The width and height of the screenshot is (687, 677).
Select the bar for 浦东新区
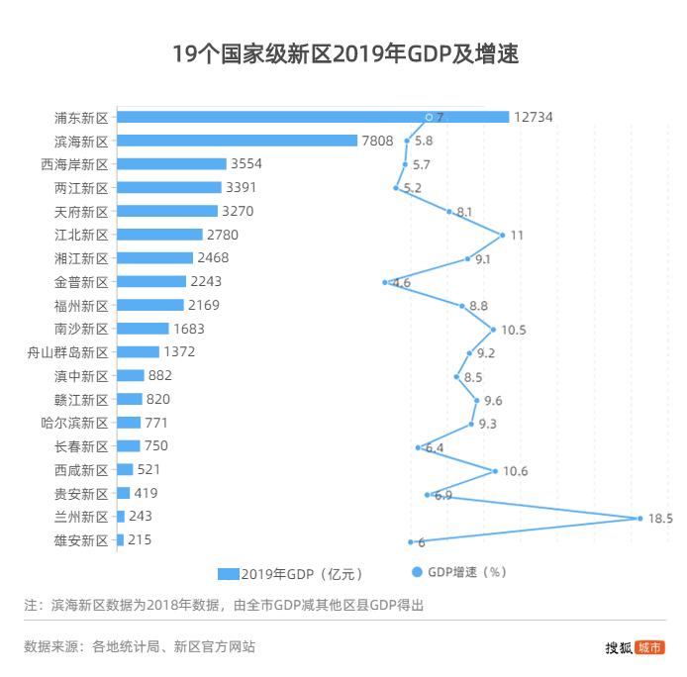312,117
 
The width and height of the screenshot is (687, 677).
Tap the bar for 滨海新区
237,141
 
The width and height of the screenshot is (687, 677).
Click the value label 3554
245,164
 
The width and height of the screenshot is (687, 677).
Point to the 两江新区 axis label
81,188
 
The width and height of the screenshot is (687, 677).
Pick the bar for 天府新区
166,211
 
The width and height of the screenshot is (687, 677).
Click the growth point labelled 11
503,235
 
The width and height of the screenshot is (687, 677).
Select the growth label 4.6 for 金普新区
401,283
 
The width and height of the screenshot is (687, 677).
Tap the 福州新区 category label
81,306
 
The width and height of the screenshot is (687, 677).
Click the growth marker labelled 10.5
493,329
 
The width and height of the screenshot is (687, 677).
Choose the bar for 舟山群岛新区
138,352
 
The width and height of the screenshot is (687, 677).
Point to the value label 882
160,376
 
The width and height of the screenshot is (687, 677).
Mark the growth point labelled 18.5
639,518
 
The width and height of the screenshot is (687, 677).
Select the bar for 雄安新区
120,540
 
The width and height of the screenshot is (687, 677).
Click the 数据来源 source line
140,647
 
